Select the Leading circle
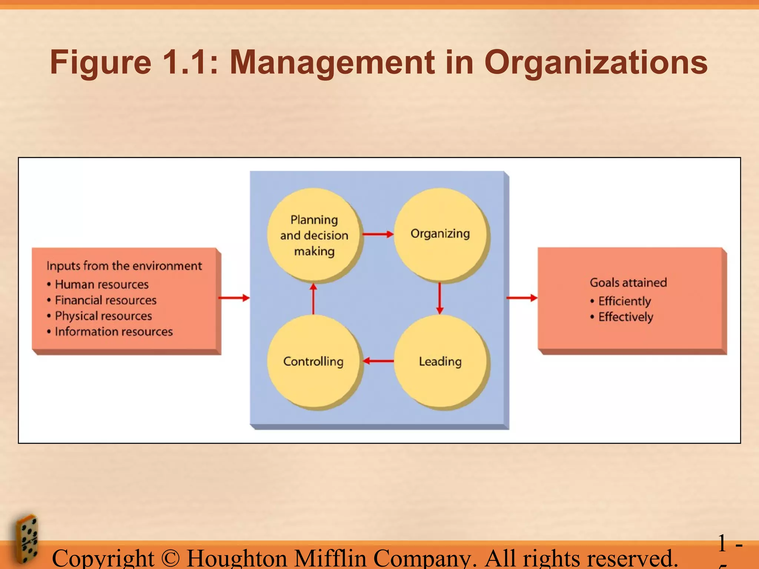(440, 362)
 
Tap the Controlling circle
(314, 362)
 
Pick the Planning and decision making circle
(314, 235)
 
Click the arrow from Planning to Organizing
(378, 234)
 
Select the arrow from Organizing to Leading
(440, 298)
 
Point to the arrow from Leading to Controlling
(378, 361)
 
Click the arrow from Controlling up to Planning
(314, 299)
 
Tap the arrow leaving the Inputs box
(234, 298)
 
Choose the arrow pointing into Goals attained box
(522, 298)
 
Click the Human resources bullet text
(102, 284)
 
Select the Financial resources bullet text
(106, 300)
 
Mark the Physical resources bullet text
(103, 316)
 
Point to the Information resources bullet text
(114, 332)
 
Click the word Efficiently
(624, 301)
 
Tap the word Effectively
(626, 317)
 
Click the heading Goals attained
(628, 283)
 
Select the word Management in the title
(332, 62)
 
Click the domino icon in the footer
(27, 539)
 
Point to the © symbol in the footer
(170, 558)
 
